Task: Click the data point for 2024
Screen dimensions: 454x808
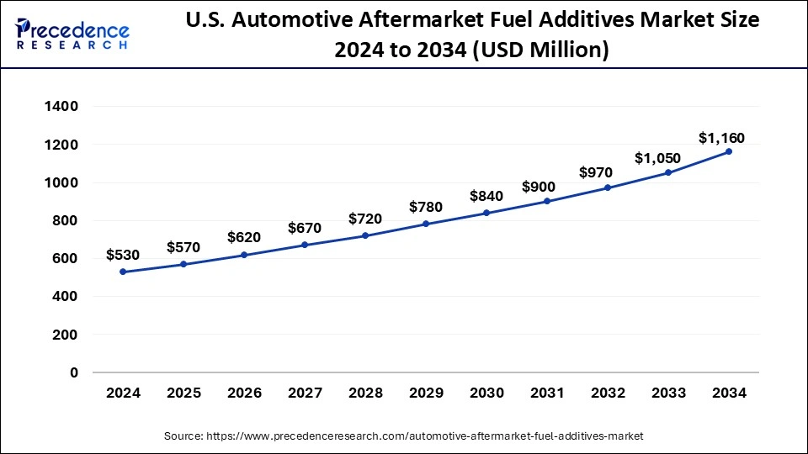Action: (123, 272)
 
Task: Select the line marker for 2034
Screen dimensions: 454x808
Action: (729, 151)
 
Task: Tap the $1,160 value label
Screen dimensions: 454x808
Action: (721, 138)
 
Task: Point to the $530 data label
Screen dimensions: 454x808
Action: (123, 255)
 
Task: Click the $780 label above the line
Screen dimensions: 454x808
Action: (426, 207)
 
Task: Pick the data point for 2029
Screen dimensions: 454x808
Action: (426, 224)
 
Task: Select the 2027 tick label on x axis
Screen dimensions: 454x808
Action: (305, 393)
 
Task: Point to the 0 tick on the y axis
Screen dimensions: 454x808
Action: (73, 372)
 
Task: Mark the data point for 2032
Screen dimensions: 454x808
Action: (608, 187)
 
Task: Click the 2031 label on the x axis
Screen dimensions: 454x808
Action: (547, 393)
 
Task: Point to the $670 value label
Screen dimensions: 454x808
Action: (305, 228)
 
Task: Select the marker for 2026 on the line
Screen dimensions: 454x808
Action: (244, 255)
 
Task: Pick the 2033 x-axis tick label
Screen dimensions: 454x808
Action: (668, 393)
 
